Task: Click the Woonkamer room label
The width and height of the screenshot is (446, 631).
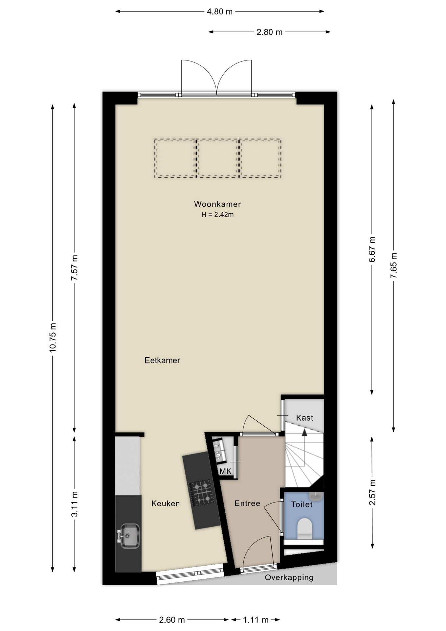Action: tap(217, 204)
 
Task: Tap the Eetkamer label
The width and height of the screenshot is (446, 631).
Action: tap(162, 361)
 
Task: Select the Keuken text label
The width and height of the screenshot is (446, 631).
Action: tap(166, 503)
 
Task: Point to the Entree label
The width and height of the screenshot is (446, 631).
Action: tap(247, 503)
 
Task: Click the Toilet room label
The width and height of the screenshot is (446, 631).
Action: tap(302, 504)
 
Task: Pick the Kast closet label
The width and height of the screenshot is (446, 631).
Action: tap(305, 418)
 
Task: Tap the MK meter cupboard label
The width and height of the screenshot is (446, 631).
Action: tap(226, 472)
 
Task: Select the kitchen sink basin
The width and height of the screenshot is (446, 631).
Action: tap(130, 536)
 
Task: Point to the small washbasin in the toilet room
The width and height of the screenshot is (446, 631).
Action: tap(316, 497)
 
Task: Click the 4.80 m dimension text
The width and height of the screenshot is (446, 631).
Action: tap(220, 12)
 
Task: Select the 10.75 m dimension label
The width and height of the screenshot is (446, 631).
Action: tap(53, 338)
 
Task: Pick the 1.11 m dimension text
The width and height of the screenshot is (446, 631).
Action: tap(256, 620)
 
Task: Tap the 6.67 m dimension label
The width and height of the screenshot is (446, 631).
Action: tap(372, 249)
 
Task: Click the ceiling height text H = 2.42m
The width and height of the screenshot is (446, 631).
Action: tap(217, 215)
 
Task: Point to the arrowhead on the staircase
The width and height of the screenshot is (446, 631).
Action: tap(304, 432)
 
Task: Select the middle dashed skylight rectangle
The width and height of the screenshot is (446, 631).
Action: tap(218, 158)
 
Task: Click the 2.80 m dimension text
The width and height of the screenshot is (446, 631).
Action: tap(270, 32)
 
